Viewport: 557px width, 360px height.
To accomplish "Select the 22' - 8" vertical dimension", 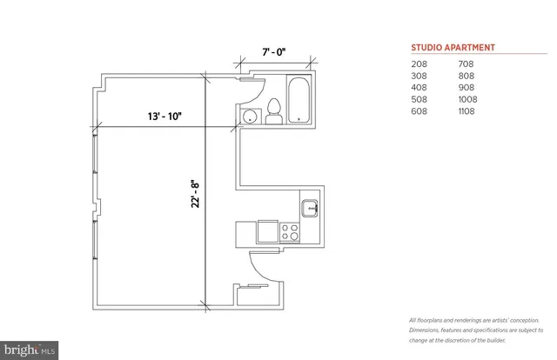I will [197, 192].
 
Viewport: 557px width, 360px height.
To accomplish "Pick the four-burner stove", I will [289, 231].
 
